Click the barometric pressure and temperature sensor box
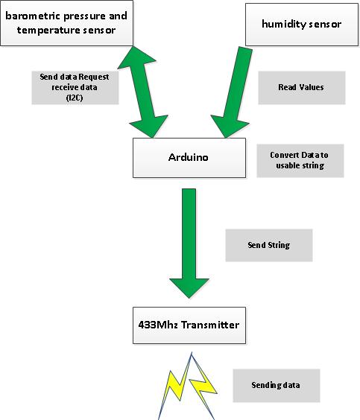click(x=68, y=22)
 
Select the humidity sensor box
click(x=301, y=24)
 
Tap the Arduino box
click(x=189, y=158)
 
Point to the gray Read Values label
click(x=301, y=87)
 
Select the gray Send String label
click(x=268, y=245)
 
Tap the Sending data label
click(x=276, y=386)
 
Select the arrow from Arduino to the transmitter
click(x=189, y=243)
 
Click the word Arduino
click(x=188, y=158)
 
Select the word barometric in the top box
click(x=29, y=15)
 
